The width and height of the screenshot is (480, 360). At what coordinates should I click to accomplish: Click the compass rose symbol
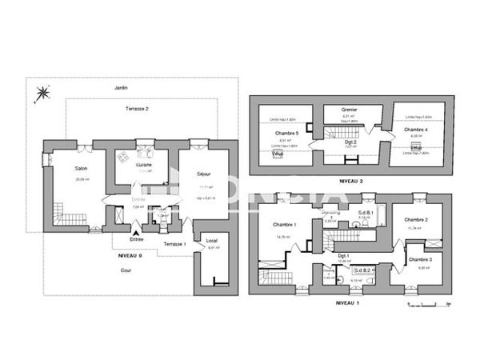(x=39, y=98)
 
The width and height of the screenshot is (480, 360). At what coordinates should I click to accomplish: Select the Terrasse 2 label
(x=138, y=107)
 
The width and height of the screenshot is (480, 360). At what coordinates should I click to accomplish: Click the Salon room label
(x=81, y=168)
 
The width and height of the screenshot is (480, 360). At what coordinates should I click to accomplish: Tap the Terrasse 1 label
(x=174, y=242)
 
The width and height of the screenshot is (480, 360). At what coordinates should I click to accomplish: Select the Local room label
(x=211, y=240)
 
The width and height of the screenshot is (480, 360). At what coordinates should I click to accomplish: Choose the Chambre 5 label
(x=286, y=133)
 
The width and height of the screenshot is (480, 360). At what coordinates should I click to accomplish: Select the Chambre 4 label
(x=415, y=129)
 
